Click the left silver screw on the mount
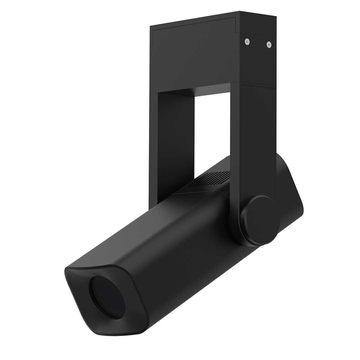tap(247, 41)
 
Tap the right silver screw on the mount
tap(269, 44)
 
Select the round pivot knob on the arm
tap(260, 220)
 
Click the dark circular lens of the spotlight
tap(107, 297)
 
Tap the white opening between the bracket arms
tap(212, 133)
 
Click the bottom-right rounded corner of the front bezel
tap(142, 328)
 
